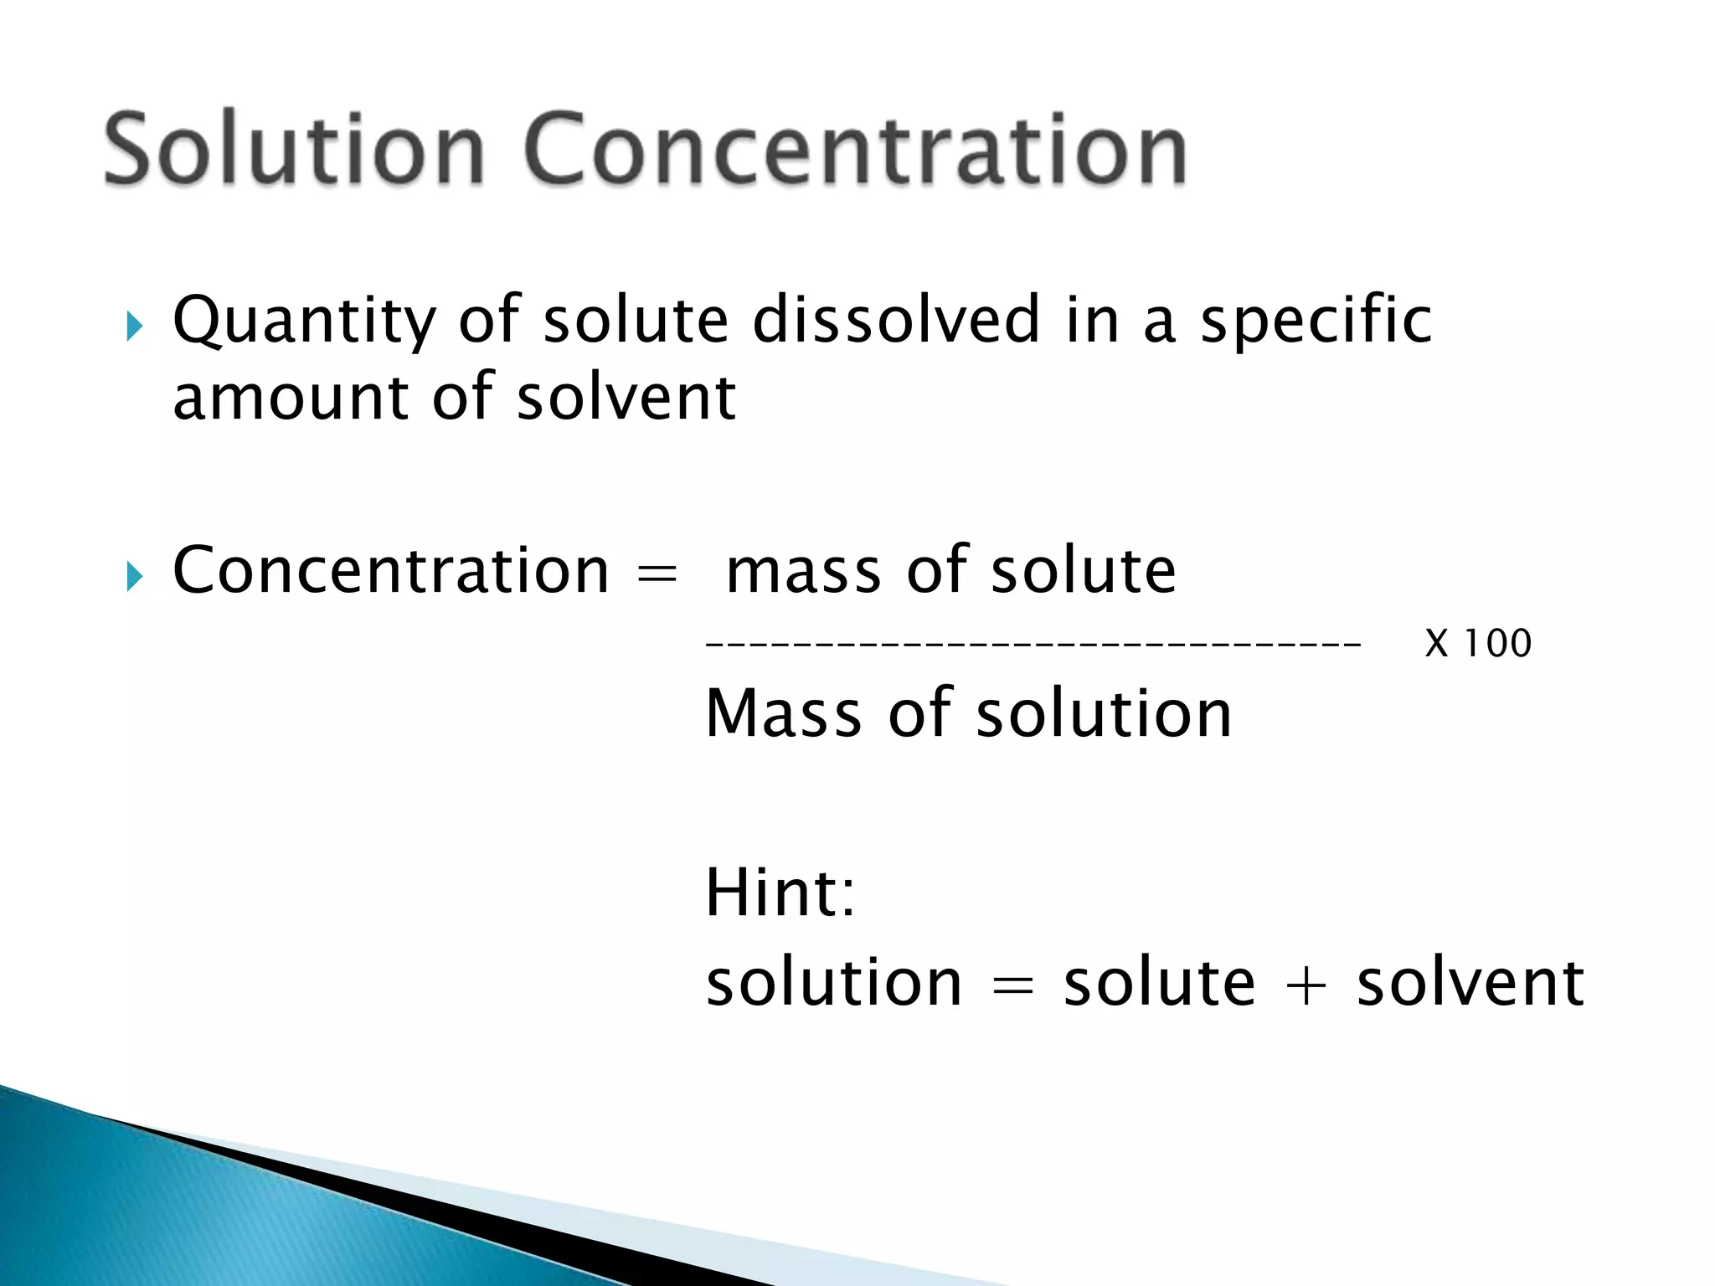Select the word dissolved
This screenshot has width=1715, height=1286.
[x=896, y=320]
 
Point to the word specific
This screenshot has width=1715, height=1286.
[x=1316, y=321]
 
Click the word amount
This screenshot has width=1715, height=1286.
[x=290, y=397]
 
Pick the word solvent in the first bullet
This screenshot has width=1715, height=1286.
[x=626, y=397]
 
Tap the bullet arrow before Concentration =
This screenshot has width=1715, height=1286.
[x=135, y=576]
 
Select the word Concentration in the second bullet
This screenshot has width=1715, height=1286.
[x=390, y=571]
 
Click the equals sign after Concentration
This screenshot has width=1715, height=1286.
[x=657, y=574]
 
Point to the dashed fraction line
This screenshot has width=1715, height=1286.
[x=1033, y=644]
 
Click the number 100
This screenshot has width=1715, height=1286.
[x=1498, y=644]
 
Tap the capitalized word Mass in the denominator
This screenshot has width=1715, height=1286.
[x=784, y=713]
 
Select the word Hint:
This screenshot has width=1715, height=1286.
[x=780, y=892]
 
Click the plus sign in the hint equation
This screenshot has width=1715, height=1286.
[x=1306, y=985]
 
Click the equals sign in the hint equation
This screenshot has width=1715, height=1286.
[x=1012, y=985]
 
